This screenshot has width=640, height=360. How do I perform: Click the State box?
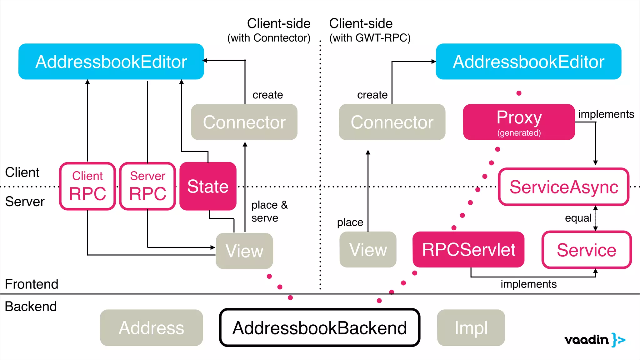(208, 186)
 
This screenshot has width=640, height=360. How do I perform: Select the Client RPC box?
(87, 186)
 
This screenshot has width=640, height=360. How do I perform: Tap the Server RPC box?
(147, 186)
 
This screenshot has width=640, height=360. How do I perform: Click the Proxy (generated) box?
(519, 122)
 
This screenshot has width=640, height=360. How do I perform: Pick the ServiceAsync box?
(563, 187)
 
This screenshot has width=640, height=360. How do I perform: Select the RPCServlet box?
(468, 249)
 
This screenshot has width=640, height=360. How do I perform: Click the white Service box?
(586, 250)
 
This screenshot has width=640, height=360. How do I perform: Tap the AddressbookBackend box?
(319, 327)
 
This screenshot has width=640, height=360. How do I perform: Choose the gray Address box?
(151, 327)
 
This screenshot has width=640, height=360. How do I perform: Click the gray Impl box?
(471, 327)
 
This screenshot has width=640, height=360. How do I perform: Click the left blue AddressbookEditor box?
(111, 62)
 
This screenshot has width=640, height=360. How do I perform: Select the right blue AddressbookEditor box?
(528, 62)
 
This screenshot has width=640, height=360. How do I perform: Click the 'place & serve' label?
(269, 211)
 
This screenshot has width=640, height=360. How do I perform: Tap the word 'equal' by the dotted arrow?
(578, 218)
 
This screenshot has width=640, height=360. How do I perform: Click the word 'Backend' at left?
(31, 306)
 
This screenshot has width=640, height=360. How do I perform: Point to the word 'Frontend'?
(32, 284)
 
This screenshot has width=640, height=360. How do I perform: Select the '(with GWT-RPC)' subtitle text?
(370, 38)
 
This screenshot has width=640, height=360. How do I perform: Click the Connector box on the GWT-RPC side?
(392, 122)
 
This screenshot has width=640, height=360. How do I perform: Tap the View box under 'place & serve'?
(244, 251)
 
